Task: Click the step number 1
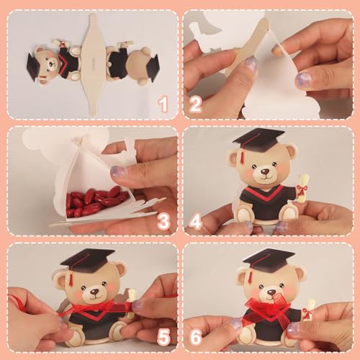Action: coord(163,105)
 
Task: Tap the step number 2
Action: coord(195,105)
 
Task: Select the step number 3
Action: coord(163,221)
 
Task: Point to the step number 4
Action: coord(195,221)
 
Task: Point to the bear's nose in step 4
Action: coord(264,174)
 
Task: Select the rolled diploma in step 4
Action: coord(302,187)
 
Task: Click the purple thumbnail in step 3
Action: coord(118,172)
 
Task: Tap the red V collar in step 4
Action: coord(263,194)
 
